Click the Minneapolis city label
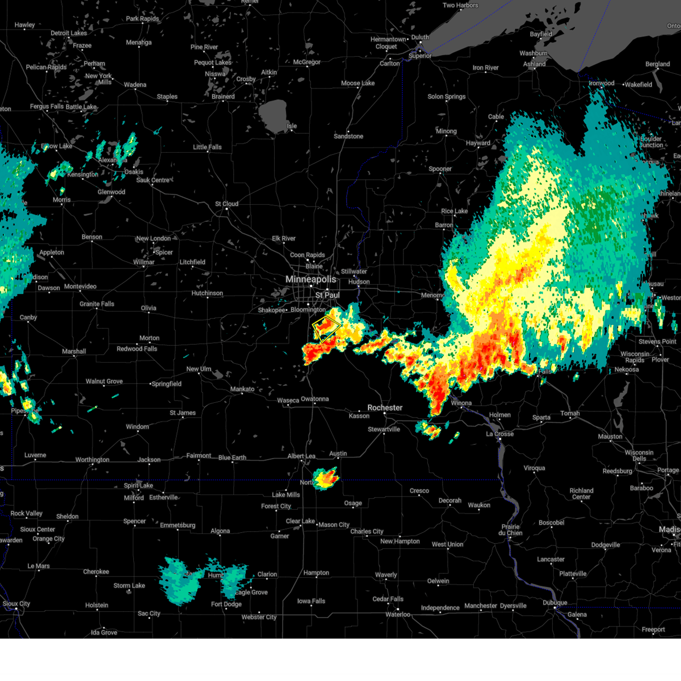(x=310, y=279)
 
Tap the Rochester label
(x=385, y=407)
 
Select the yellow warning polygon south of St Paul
(x=326, y=328)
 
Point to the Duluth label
(x=420, y=37)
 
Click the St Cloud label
(x=226, y=204)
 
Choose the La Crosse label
(x=499, y=434)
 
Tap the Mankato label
(x=242, y=389)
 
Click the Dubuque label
(x=554, y=602)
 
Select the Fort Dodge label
(x=226, y=604)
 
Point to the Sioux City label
(x=16, y=604)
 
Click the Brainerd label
(x=223, y=96)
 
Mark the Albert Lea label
(x=301, y=456)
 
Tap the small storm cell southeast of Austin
(x=326, y=478)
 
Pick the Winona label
(x=461, y=403)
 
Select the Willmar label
(x=144, y=262)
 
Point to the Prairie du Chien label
(x=510, y=529)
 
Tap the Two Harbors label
(x=460, y=5)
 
